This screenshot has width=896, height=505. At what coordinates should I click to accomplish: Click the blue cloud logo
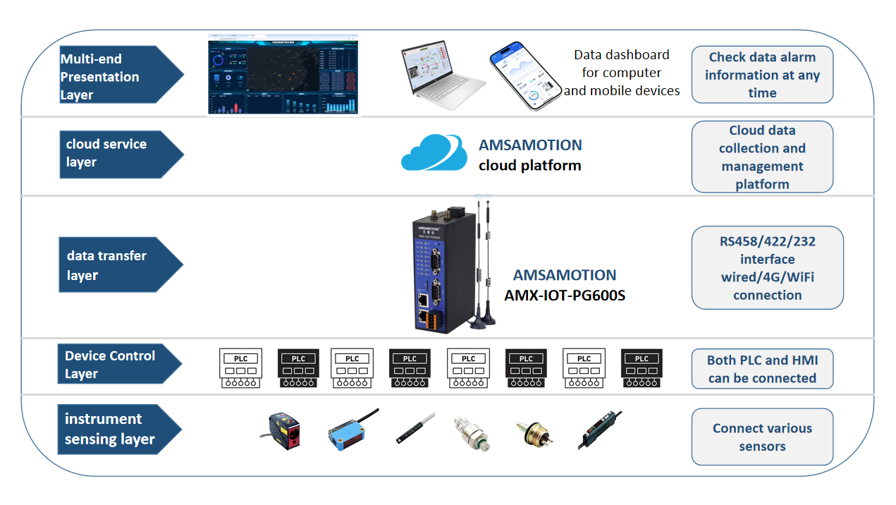click(434, 152)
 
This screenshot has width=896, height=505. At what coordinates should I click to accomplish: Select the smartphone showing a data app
click(524, 76)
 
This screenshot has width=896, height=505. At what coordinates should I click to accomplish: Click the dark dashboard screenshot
click(283, 76)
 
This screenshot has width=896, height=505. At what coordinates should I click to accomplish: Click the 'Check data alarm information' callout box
click(762, 75)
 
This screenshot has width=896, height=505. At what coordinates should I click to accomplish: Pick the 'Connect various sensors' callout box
click(762, 437)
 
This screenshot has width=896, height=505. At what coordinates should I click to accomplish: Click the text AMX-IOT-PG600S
click(565, 296)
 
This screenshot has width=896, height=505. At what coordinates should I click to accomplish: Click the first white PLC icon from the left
click(240, 367)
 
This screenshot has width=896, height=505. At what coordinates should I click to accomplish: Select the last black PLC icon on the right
click(641, 367)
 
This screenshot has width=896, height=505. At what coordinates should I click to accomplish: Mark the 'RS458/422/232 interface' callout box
click(767, 268)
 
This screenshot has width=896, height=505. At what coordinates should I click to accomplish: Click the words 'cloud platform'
click(529, 166)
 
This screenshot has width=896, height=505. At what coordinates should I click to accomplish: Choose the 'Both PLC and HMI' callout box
click(762, 369)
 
